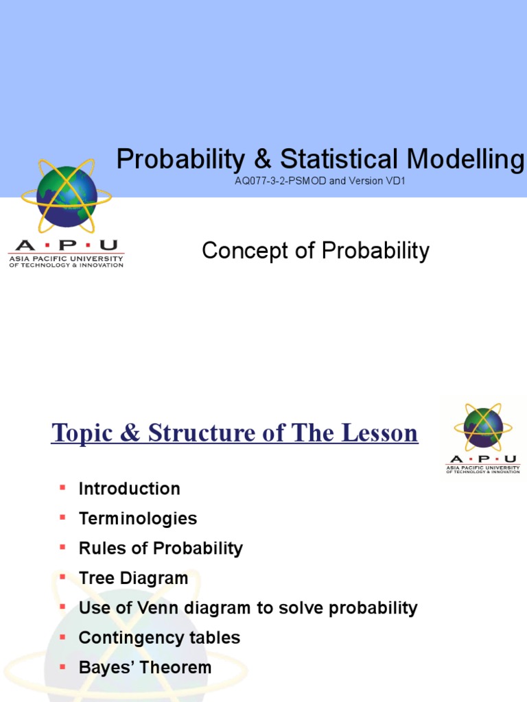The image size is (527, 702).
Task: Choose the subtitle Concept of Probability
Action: [x=315, y=251]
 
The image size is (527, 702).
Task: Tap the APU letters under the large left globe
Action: [x=66, y=245]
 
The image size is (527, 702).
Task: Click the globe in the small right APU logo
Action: [x=483, y=427]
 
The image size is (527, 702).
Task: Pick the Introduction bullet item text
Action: [x=129, y=489]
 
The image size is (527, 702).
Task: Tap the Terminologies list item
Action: [x=137, y=519]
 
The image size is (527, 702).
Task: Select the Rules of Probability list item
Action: [x=161, y=548]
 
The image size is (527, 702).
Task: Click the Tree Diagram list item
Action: [x=133, y=579]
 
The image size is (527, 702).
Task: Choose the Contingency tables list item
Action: [x=159, y=638]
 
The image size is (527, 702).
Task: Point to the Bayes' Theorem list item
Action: [x=145, y=668]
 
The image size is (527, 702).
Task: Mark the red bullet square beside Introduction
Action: [x=62, y=487]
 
